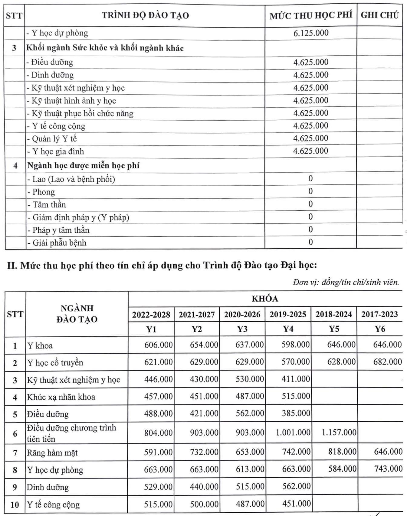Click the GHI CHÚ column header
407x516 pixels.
pos(379,15)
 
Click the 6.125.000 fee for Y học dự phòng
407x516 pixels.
pos(311,33)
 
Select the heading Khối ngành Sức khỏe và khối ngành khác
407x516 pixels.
pos(105,48)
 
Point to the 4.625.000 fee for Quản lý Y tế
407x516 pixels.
pos(311,138)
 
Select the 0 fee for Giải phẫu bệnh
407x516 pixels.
pos(310,242)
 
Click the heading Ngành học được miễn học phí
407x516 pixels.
pos(83,166)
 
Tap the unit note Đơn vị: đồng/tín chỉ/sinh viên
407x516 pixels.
pos(346,282)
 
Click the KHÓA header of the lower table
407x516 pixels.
pos(265,299)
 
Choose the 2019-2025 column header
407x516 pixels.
pos(288,314)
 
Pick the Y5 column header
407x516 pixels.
pos(334,329)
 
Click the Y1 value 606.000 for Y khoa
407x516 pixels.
pos(158,345)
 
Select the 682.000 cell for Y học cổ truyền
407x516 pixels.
pos(387,362)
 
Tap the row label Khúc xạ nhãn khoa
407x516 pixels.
pos(61,397)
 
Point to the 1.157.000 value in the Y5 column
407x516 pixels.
pos(339,433)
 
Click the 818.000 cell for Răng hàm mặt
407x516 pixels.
pos(342,452)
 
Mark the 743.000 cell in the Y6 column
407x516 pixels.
pos(388,469)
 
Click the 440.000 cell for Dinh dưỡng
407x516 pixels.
pos(204,486)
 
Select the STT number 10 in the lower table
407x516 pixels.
pos(15,505)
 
